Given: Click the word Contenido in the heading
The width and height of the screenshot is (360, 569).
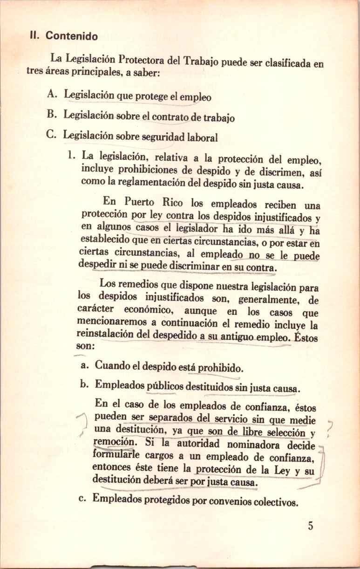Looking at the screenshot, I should point(71,36).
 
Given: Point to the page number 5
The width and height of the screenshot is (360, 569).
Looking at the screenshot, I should point(310,527).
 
